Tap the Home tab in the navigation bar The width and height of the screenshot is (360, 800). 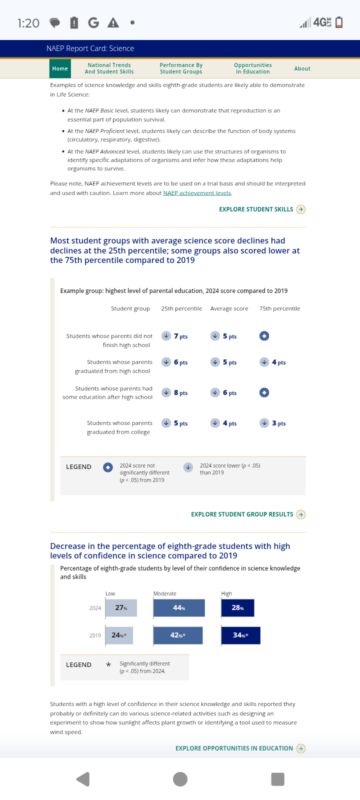(x=60, y=68)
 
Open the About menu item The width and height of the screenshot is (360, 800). (x=302, y=68)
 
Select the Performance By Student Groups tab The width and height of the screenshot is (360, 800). (x=181, y=68)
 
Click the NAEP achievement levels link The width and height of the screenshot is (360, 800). (x=197, y=193)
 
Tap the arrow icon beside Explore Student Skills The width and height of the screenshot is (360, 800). (x=300, y=209)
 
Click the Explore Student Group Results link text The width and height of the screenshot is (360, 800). (x=242, y=514)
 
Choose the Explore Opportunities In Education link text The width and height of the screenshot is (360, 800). (x=234, y=748)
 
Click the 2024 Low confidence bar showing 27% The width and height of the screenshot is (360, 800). (x=121, y=608)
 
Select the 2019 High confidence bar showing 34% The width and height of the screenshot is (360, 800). (x=240, y=635)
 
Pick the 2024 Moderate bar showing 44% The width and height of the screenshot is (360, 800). (x=179, y=608)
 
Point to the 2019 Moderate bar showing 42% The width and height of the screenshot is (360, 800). (x=178, y=635)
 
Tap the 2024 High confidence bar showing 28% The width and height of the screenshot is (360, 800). (x=237, y=608)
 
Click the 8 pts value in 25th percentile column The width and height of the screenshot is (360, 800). (x=180, y=393)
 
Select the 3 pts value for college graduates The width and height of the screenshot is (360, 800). (x=278, y=423)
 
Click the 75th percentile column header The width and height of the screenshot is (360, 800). (x=279, y=308)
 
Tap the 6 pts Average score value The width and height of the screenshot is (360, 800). (x=229, y=393)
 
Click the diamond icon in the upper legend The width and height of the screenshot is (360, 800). (x=107, y=467)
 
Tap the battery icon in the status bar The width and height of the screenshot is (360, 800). (x=339, y=22)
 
